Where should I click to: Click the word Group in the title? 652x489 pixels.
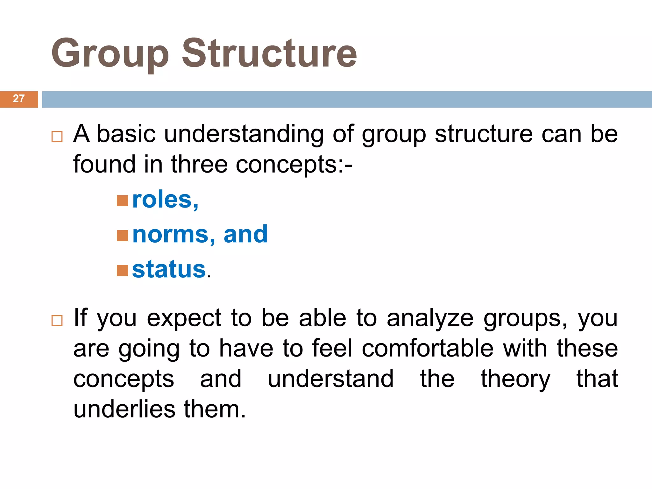pos(110,53)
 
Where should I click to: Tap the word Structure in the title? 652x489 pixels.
pos(269,53)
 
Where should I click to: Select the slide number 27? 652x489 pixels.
pos(19,99)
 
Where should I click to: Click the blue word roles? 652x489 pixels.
pos(162,200)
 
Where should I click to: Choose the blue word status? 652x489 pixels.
pos(169,269)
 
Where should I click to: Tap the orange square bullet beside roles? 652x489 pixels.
pos(122,201)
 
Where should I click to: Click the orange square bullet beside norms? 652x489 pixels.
pos(122,236)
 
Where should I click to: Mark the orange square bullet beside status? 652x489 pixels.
pos(122,271)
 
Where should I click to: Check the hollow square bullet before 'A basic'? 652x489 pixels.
pos(57,137)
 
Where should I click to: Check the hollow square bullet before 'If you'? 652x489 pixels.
pos(57,321)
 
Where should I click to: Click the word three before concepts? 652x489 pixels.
pos(199,165)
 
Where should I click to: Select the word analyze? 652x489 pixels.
pos(430,318)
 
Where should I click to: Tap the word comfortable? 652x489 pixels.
pos(428,349)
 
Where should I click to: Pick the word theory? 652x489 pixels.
pos(515,379)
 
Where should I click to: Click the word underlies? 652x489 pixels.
pos(124,409)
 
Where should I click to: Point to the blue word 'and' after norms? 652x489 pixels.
pos(245,235)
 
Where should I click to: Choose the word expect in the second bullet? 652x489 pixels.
pos(184,318)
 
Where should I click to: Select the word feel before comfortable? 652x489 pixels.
pos(332,349)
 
